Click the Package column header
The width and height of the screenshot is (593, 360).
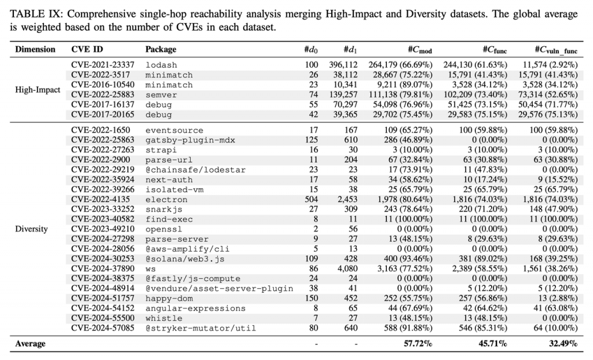coord(161,49)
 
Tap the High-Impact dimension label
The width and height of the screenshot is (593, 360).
coord(38,90)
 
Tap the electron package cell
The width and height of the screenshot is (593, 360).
coord(167,200)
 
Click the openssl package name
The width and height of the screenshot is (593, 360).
coord(163,229)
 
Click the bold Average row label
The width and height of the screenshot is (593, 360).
coord(30,344)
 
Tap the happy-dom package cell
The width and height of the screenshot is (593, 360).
coord(169,299)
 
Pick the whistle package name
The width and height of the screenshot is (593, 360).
coord(164,318)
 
